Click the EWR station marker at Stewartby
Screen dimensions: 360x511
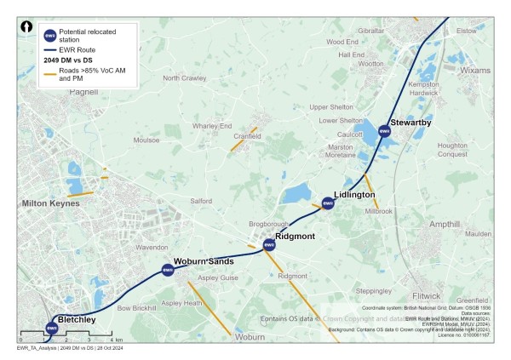click(x=384, y=131)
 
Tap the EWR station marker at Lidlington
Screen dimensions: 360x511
click(x=328, y=203)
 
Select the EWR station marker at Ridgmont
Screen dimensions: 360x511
click(x=269, y=245)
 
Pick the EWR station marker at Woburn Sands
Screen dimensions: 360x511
click(x=168, y=271)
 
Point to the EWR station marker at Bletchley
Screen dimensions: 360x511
click(x=51, y=328)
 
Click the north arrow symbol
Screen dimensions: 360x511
click(x=27, y=27)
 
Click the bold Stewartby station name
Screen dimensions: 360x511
click(x=411, y=123)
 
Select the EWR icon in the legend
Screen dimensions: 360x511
click(x=49, y=35)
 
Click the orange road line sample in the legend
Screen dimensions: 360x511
click(x=49, y=76)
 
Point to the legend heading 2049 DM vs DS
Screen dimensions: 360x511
click(x=68, y=60)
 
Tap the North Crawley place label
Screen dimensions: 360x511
click(x=185, y=78)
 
